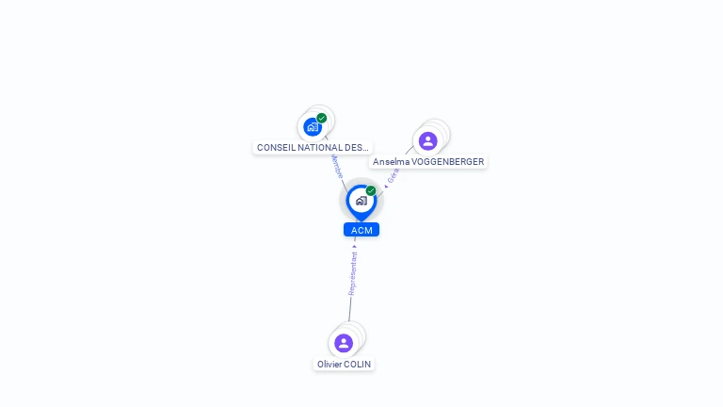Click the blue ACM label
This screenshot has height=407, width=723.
(x=361, y=230)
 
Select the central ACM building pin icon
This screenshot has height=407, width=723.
(x=361, y=201)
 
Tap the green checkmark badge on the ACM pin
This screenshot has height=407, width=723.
(x=371, y=191)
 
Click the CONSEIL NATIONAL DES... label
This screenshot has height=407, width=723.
(x=313, y=148)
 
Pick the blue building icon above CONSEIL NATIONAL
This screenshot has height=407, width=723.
(x=313, y=127)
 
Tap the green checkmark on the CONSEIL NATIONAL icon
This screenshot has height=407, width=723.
(x=322, y=119)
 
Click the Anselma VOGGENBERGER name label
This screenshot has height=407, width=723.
(x=428, y=162)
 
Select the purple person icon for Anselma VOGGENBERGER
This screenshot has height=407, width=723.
(x=428, y=141)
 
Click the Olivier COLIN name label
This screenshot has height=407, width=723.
(x=344, y=364)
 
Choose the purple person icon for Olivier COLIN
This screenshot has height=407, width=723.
(x=344, y=343)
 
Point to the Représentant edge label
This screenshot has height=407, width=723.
(x=353, y=273)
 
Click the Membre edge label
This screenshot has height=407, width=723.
(x=337, y=169)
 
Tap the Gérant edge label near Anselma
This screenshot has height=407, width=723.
(x=393, y=175)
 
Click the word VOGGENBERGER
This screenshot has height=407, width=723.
(x=448, y=162)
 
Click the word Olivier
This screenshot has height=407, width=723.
(x=329, y=364)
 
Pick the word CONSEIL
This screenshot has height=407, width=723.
(x=274, y=148)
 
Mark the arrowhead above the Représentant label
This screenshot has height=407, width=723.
(x=355, y=246)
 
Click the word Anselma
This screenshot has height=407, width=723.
(x=391, y=162)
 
